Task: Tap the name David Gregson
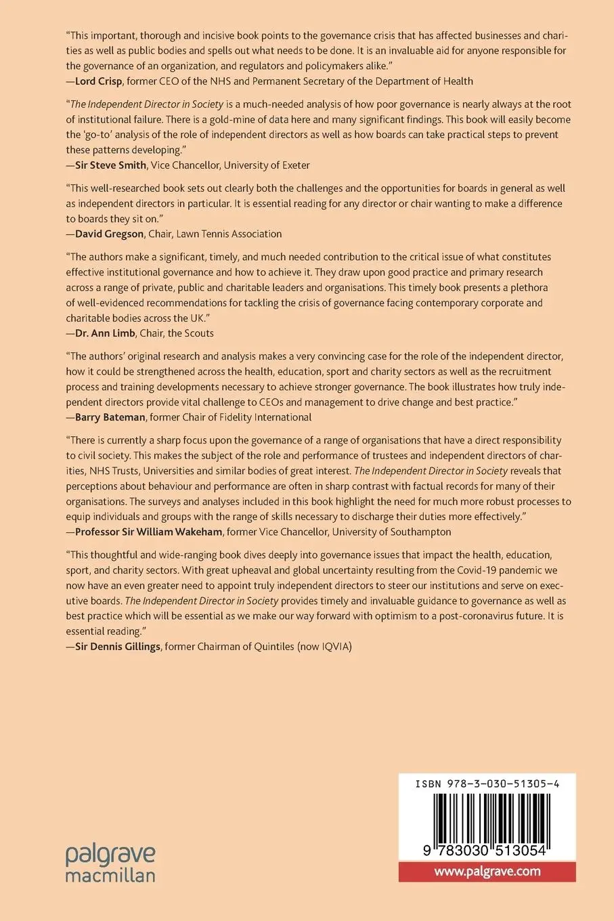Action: [x=109, y=234]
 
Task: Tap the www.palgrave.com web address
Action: [x=487, y=871]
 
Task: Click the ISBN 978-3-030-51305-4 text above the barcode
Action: [x=487, y=784]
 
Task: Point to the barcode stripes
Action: [x=487, y=816]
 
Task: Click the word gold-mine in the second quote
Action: [x=252, y=119]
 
